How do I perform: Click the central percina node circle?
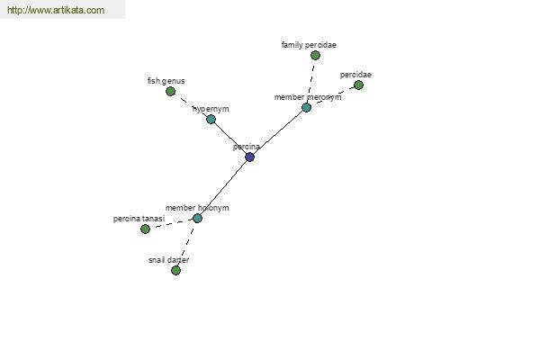point(249,157)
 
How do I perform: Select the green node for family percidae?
point(315,56)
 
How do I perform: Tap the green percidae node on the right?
point(358,85)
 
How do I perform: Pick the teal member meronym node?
point(306,108)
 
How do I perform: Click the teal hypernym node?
point(211,119)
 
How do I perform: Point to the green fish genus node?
point(170,91)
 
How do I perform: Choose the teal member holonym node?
point(197,218)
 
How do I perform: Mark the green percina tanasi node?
point(145,229)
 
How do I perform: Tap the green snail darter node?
point(175,270)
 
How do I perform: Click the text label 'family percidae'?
point(309,44)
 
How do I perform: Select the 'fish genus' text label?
point(166,81)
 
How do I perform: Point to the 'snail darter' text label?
point(168,260)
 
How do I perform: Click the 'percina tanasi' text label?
point(139,219)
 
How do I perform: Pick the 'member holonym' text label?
point(197,208)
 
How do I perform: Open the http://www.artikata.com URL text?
point(55,11)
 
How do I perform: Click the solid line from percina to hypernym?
point(229,138)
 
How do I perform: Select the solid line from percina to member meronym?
point(279,131)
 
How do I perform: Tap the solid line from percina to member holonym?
point(223,187)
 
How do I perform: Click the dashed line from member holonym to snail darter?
point(186,244)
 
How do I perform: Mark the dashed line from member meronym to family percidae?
point(310,82)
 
